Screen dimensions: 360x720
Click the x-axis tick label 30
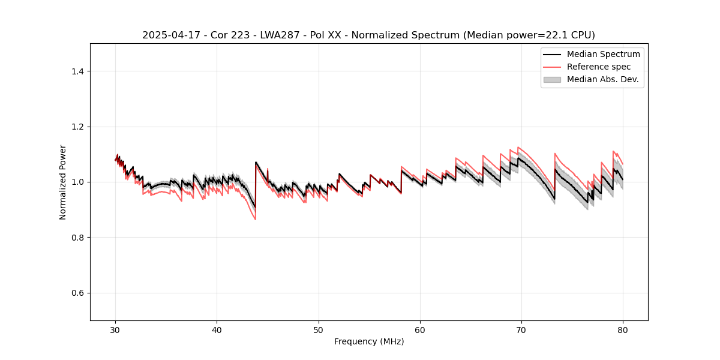[116, 330]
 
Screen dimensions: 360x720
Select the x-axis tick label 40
[217, 330]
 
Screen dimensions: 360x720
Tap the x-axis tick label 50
[319, 330]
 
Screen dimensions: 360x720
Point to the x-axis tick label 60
[420, 330]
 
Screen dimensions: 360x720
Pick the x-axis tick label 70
[521, 330]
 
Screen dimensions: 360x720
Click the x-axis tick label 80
[623, 330]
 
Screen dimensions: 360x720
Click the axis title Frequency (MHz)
[369, 341]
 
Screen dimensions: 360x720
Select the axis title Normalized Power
[63, 182]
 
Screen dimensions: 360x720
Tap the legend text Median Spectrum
[603, 54]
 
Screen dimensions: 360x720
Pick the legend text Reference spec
[599, 67]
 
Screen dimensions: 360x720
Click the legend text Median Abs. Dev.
[602, 79]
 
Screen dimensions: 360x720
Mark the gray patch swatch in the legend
[552, 79]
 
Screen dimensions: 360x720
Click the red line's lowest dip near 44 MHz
[255, 219]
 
